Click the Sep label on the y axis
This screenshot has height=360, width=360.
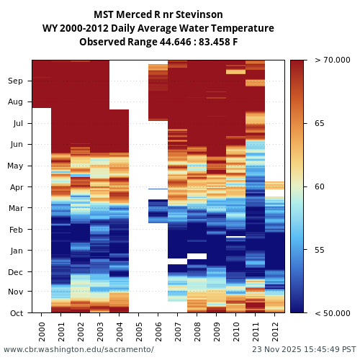point(16,81)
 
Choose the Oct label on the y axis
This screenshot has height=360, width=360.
point(16,313)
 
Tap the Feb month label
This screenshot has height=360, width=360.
point(16,230)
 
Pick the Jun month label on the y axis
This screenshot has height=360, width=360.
point(16,145)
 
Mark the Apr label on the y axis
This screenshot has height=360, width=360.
point(16,187)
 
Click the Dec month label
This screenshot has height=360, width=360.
point(16,272)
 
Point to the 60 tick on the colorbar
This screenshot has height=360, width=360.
point(319,187)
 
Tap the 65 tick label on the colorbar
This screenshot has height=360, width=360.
point(319,124)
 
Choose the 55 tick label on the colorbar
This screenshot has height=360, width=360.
point(319,251)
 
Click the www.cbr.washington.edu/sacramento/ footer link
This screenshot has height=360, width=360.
point(78,349)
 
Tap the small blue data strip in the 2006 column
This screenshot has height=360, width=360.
point(158,189)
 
